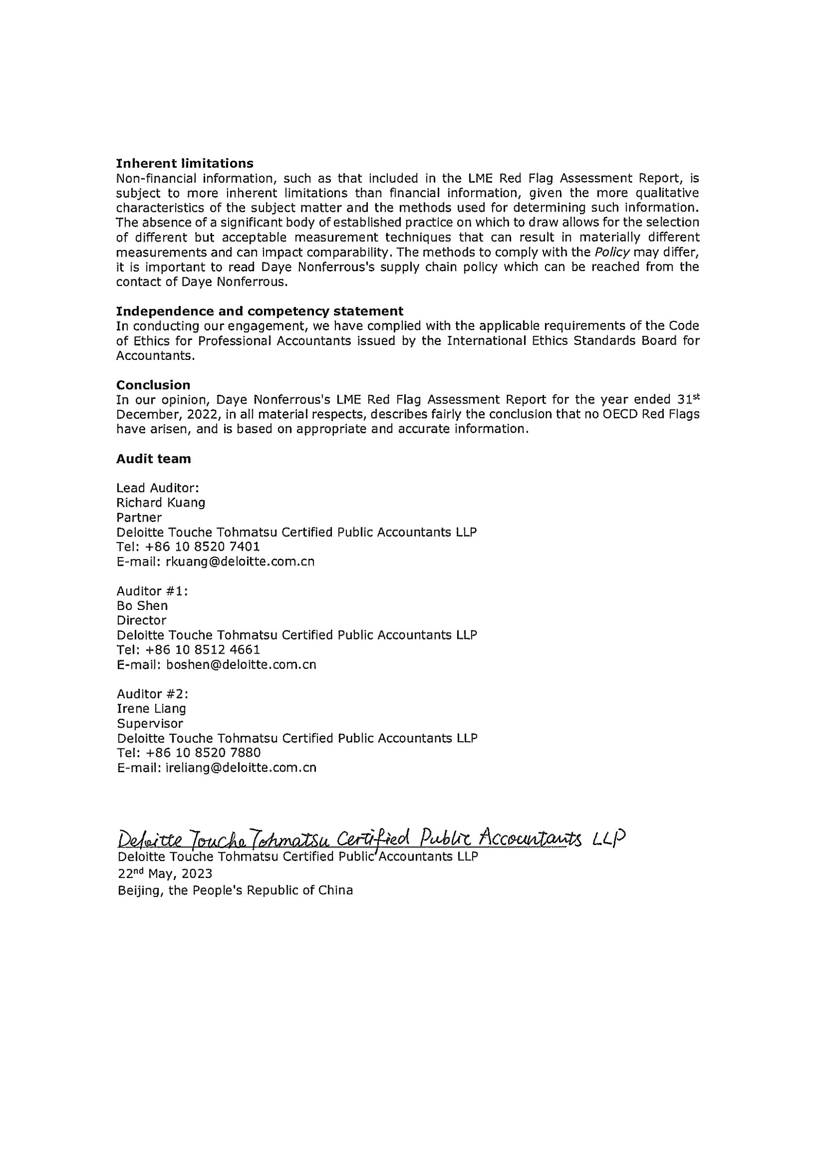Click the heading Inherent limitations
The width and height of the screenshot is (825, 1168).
click(184, 163)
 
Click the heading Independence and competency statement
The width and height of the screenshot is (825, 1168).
click(259, 311)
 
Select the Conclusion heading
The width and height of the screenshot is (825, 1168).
click(153, 385)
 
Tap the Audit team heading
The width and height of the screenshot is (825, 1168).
click(153, 459)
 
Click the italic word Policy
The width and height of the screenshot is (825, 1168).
click(615, 253)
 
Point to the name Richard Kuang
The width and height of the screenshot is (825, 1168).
click(161, 503)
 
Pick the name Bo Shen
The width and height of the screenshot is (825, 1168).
click(142, 605)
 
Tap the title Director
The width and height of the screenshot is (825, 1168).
click(141, 620)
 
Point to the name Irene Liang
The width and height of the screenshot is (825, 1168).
click(151, 709)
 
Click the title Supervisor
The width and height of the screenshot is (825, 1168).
click(150, 724)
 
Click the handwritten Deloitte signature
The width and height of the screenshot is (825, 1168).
click(371, 838)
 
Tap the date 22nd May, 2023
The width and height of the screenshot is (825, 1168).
click(165, 874)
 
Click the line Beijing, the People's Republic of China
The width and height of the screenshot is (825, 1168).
click(235, 890)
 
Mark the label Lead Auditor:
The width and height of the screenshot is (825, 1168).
click(158, 488)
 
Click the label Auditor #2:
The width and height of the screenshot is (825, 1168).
click(152, 694)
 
